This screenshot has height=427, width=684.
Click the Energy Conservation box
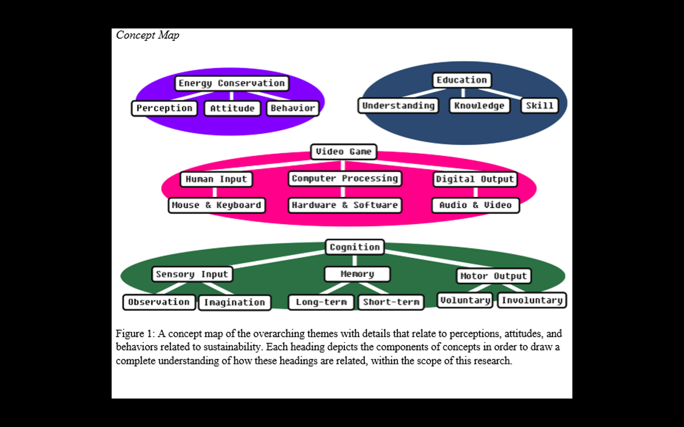231,83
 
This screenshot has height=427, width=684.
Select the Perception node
164,108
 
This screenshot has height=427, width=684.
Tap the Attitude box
232,108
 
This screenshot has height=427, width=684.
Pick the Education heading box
462,80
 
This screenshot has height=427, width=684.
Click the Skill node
539,105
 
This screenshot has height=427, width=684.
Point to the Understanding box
398,105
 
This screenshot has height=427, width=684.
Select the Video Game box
343,151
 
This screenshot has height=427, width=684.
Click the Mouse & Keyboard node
217,205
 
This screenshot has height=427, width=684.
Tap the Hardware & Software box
345,205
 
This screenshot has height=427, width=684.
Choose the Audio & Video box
475,205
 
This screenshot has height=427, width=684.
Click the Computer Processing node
345,178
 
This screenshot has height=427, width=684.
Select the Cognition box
355,247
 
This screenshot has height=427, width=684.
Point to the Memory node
357,274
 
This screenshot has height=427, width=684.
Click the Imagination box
235,302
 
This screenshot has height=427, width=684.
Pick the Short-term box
391,302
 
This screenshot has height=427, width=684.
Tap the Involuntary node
532,300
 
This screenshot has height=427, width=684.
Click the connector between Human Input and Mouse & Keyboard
215,192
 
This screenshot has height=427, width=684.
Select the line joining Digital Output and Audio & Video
475,192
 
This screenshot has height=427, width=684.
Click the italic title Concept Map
148,35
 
